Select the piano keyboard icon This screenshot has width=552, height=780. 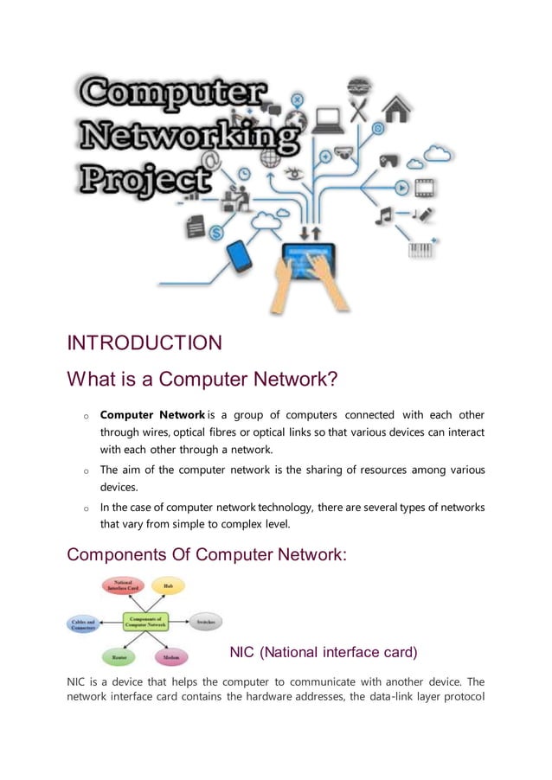coord(420,249)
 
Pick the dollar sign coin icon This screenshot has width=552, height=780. coord(216,233)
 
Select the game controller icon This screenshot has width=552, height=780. coord(389,161)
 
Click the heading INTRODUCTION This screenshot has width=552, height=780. coord(144,343)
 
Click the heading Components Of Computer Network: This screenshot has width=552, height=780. coord(207,555)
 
